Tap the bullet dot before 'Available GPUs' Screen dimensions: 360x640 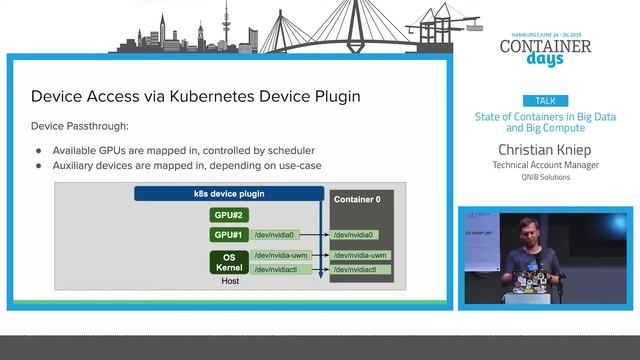[x=39, y=150]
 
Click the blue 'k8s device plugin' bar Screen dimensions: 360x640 [x=229, y=193]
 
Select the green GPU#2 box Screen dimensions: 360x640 [x=228, y=215]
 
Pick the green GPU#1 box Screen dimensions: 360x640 [x=228, y=235]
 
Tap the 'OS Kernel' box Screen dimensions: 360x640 [x=228, y=262]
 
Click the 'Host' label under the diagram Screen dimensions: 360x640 [x=229, y=281]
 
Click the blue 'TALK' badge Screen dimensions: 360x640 [x=546, y=101]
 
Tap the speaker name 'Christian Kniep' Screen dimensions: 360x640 [x=546, y=149]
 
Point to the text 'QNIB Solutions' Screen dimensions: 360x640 [x=546, y=177]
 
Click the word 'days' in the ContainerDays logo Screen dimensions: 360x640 [x=545, y=58]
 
